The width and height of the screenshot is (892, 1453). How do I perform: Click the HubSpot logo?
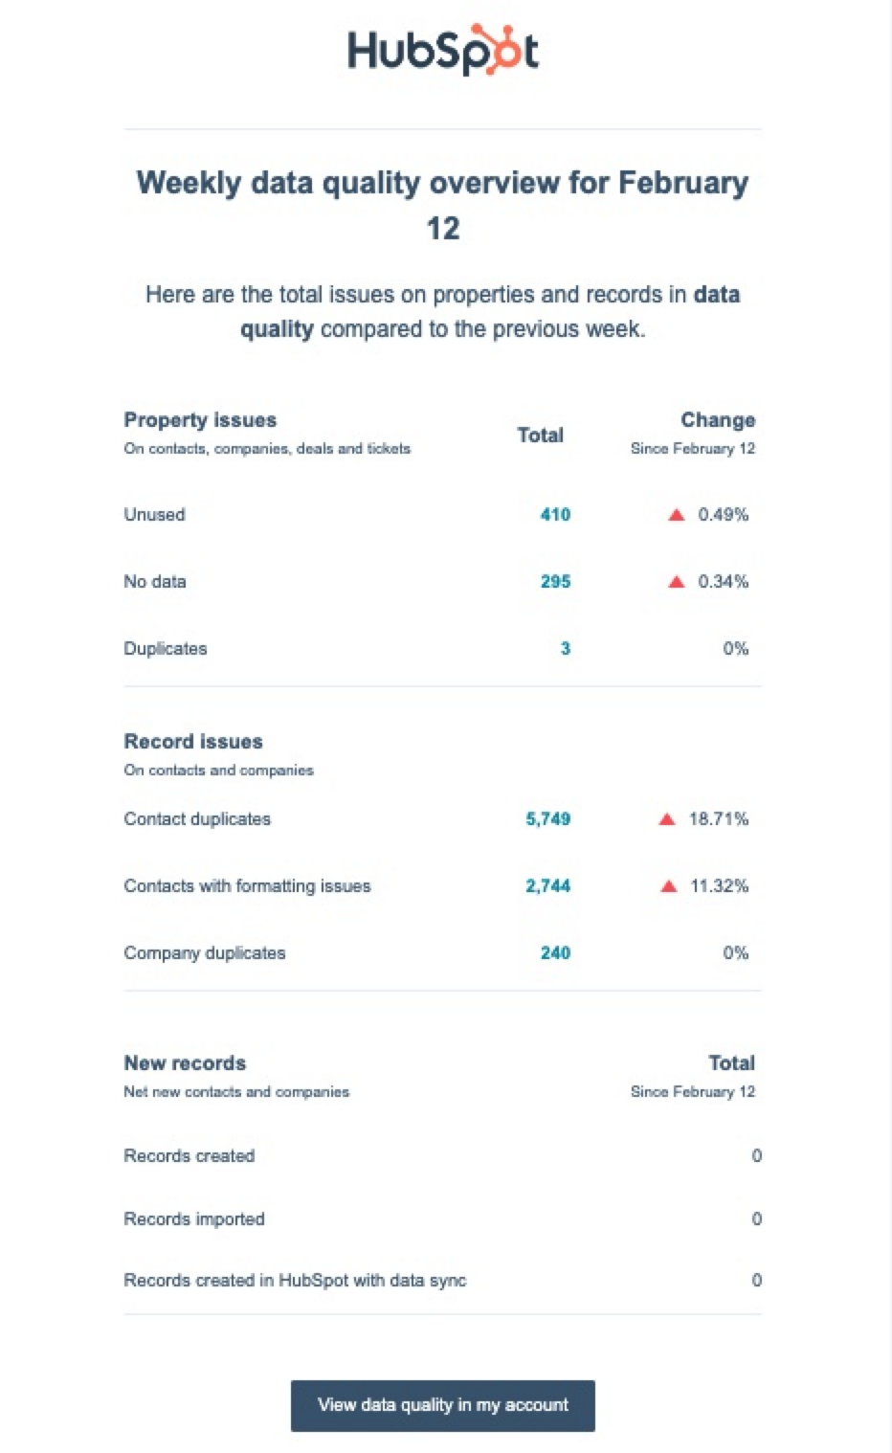(442, 51)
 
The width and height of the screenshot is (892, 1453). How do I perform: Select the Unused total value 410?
(555, 515)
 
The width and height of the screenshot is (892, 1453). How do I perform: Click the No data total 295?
(555, 582)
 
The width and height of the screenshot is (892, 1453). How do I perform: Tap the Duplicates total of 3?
(565, 649)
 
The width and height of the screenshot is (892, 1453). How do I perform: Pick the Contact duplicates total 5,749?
(547, 819)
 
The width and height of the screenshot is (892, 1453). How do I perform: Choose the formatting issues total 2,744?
(547, 886)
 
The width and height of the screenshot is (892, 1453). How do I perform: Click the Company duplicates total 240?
(555, 953)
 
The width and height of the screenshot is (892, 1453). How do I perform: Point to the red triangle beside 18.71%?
(667, 819)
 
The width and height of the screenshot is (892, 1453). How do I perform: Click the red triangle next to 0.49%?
(677, 515)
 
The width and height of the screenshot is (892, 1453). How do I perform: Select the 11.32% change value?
(719, 886)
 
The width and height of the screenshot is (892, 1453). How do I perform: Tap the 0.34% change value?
(723, 582)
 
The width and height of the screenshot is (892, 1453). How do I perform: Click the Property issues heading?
(200, 420)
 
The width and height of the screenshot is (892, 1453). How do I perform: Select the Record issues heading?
(193, 742)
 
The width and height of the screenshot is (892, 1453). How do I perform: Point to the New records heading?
(185, 1063)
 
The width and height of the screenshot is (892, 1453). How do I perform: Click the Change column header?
(718, 420)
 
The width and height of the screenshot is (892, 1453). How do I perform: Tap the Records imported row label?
(194, 1219)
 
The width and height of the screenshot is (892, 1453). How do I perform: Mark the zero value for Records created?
(756, 1156)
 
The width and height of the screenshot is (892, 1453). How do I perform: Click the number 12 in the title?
(443, 229)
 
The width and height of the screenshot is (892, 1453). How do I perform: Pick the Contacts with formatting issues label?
(247, 886)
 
